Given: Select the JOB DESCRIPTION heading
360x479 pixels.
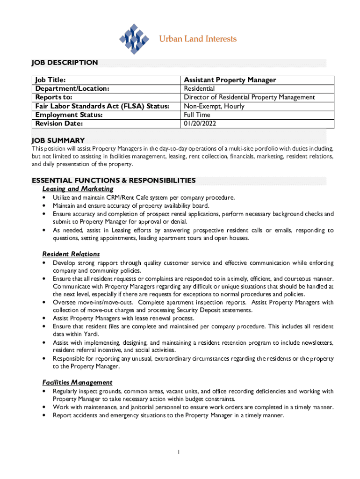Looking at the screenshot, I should (x=65, y=63).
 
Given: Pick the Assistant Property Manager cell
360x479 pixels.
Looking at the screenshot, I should (x=230, y=80).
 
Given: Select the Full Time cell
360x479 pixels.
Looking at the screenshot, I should (x=197, y=115).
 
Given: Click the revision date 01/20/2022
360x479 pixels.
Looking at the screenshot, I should (x=200, y=123).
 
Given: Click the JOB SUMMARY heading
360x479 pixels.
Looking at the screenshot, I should (x=58, y=140).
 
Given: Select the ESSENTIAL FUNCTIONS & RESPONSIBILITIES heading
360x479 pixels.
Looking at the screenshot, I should (x=113, y=181).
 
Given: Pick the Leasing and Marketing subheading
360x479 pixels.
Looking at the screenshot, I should (x=78, y=189).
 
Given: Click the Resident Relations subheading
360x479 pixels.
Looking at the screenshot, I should (x=71, y=254).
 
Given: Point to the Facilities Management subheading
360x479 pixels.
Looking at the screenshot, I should (x=77, y=383).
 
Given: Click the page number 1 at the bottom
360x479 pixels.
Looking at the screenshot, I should (x=179, y=452).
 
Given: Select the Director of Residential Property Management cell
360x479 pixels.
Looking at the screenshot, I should (x=249, y=97).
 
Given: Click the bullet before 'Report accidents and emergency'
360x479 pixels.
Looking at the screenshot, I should (x=43, y=415).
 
